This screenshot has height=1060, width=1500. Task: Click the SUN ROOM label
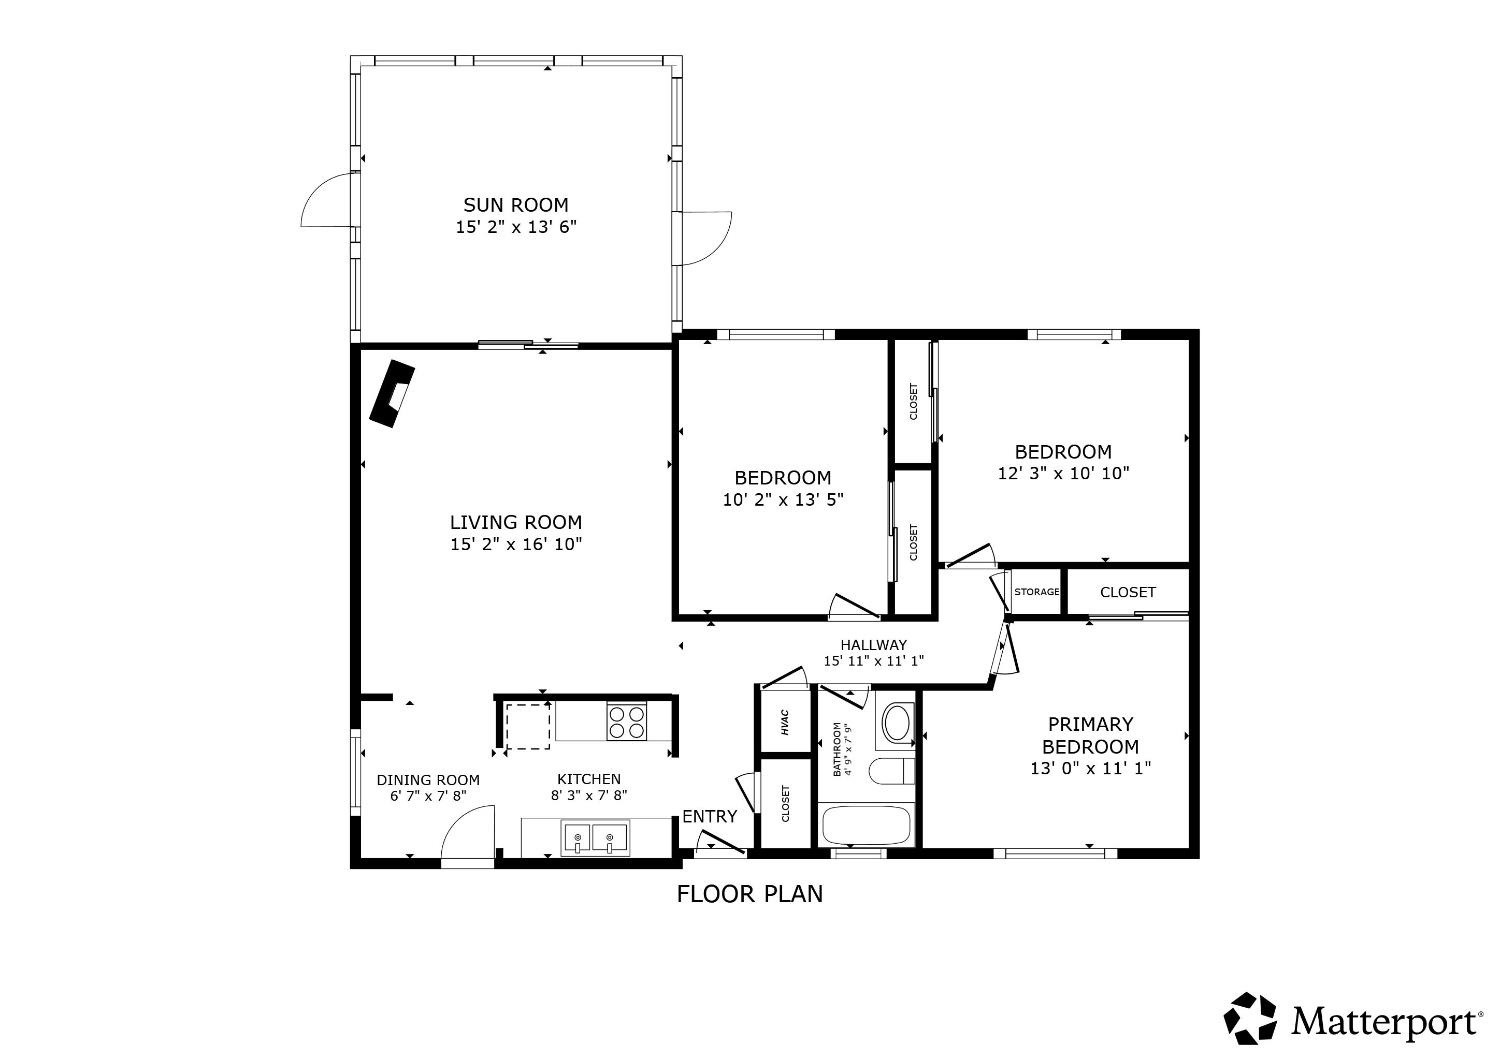point(515,205)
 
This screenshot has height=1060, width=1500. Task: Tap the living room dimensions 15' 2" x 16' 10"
point(515,544)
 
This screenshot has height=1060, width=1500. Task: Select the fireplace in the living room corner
point(391,393)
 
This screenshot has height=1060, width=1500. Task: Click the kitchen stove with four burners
point(627,722)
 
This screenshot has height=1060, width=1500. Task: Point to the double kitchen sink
point(594,838)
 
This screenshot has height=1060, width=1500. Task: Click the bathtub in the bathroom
point(866,826)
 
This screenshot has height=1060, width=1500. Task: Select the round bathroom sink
point(897,722)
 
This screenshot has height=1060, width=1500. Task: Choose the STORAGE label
point(1036,592)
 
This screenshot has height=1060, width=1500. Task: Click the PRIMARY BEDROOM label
point(1090,735)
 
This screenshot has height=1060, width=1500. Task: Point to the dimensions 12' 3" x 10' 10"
point(1063,473)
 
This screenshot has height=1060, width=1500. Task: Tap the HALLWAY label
point(873,645)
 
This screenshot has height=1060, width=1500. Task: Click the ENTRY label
point(709,816)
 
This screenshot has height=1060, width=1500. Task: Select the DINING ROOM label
point(428,780)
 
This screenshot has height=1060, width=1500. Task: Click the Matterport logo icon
point(1251,1019)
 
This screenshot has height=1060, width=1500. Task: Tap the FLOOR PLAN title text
point(750,893)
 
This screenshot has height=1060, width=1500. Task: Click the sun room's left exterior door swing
point(326,200)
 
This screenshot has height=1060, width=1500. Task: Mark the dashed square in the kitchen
point(527,726)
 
